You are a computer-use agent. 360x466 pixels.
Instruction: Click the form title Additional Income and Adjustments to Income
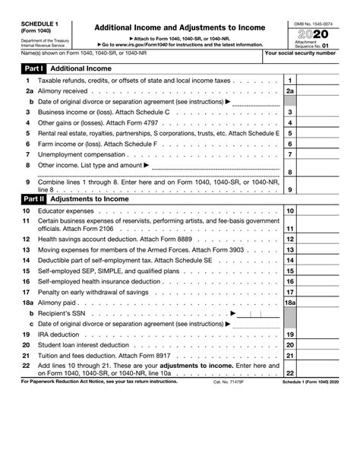pyautogui.click(x=179, y=27)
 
